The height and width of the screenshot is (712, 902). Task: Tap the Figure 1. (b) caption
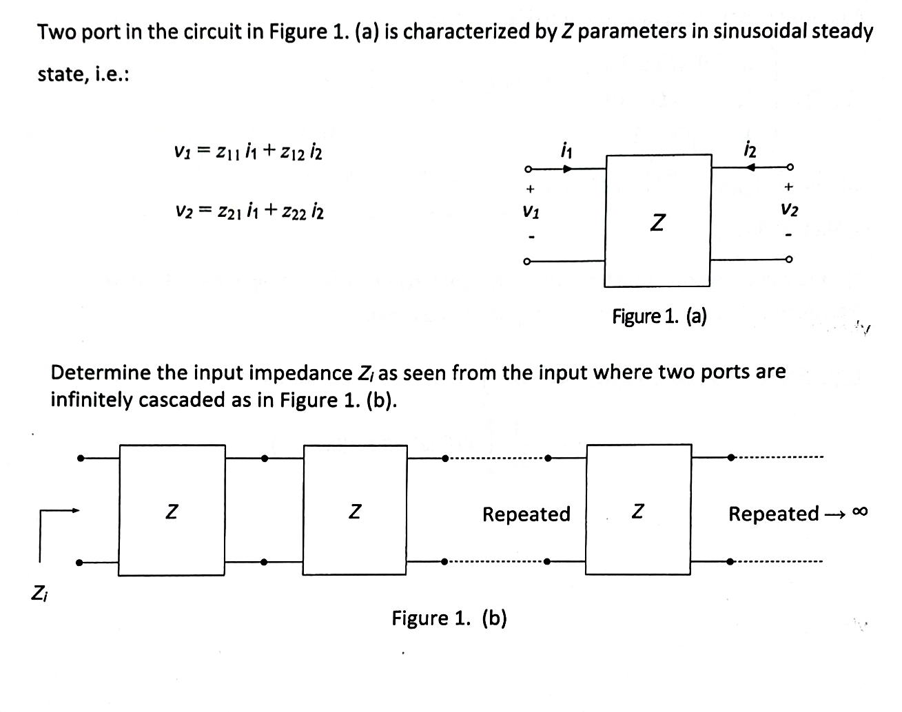(449, 618)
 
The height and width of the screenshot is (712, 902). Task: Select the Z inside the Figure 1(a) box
(658, 222)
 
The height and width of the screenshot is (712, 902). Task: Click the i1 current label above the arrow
(566, 147)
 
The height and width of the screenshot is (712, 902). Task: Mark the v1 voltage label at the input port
(530, 213)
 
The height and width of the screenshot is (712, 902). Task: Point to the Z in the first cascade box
(172, 511)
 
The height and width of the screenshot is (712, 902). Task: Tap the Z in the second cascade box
(354, 511)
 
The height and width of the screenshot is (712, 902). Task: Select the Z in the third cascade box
(638, 511)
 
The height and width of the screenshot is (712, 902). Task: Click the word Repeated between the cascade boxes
(526, 514)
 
